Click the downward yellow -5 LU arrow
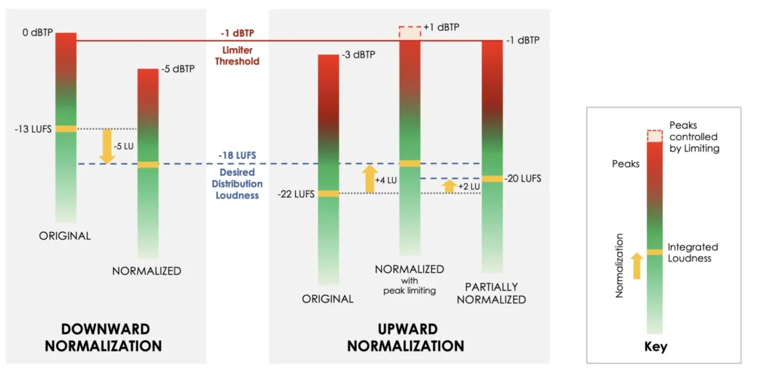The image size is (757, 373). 106,147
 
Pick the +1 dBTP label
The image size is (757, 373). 442,27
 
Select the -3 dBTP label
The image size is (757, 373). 357,55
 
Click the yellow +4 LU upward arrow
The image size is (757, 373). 369,179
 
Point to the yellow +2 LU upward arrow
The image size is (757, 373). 449,186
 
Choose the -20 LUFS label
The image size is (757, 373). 522,178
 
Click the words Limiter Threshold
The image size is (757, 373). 236,55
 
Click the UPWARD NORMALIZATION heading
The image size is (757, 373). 406,338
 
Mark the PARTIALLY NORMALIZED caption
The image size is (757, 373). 491,294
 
